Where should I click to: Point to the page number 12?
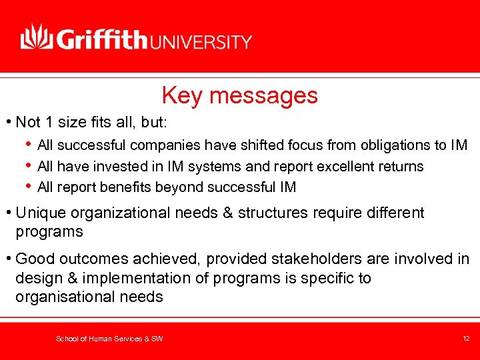tap(466, 339)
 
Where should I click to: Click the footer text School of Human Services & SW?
tap(109, 339)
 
